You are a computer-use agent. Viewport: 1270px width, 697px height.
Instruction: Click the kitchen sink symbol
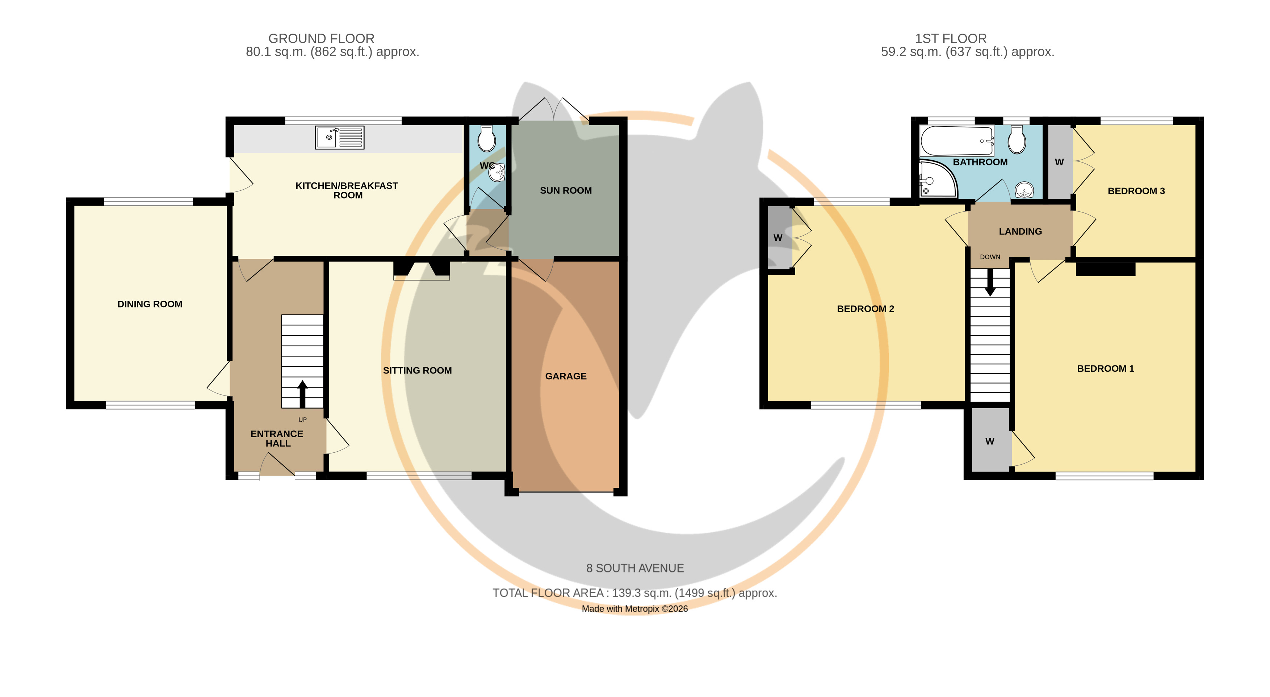(340, 138)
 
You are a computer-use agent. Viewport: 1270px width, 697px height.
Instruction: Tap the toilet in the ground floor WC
(487, 138)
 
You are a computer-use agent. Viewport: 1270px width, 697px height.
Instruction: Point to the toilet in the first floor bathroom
(1017, 139)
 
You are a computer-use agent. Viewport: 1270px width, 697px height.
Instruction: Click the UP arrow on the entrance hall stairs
(303, 394)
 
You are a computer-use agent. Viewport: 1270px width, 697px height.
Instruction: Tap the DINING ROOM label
(150, 304)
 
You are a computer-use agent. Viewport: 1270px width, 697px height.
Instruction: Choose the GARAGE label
(566, 376)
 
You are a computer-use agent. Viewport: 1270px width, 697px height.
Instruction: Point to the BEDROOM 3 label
(1136, 191)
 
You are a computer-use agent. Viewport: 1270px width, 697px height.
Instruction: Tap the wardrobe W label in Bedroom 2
(778, 237)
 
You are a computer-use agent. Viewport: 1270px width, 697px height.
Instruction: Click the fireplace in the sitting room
(422, 270)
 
